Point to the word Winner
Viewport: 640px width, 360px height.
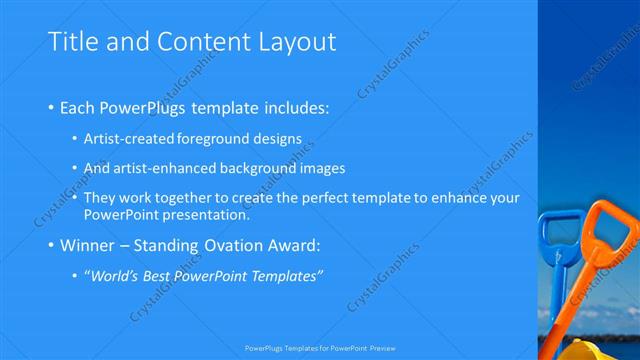(89, 245)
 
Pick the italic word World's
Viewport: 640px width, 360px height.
(115, 275)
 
